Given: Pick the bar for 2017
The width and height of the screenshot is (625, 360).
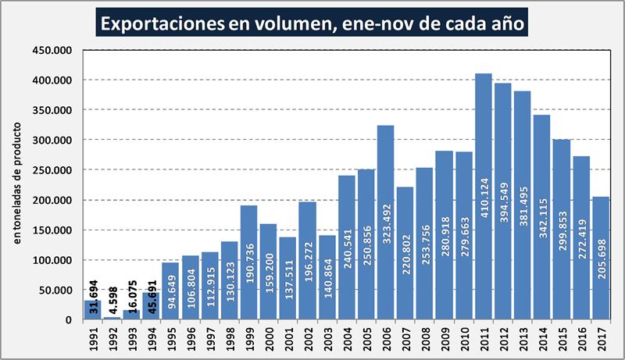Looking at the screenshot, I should coord(600,258).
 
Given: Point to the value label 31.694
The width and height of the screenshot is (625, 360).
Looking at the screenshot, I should coord(93,294).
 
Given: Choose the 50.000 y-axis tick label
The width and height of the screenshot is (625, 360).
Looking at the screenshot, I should coord(60,290).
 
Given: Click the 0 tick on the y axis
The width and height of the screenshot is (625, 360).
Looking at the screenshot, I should coord(73,320).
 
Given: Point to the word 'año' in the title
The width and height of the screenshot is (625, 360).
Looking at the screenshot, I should coord(507,23).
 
